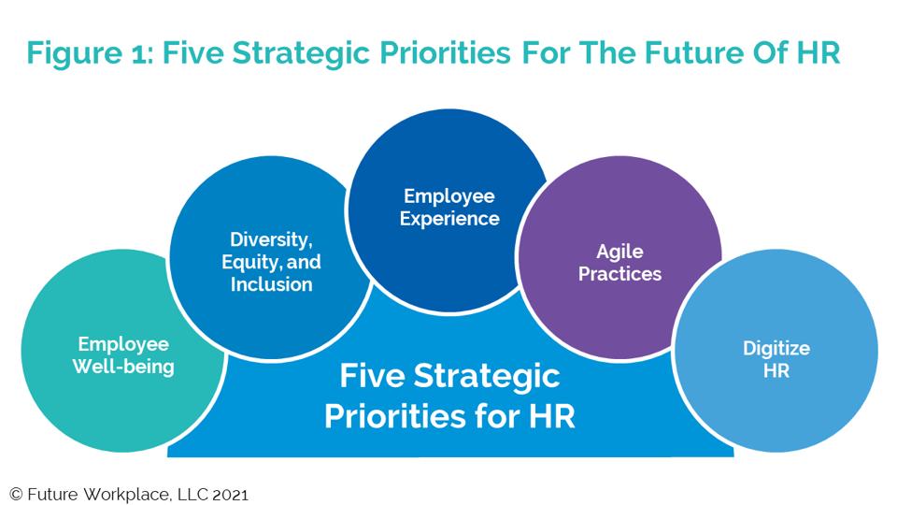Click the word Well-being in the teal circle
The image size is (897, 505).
123,367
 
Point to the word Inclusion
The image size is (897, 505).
272,284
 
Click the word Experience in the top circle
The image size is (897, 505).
449,219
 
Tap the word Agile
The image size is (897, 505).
620,251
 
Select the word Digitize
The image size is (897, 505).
776,348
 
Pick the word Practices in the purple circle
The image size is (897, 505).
620,274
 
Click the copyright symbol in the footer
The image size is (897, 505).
15,493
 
